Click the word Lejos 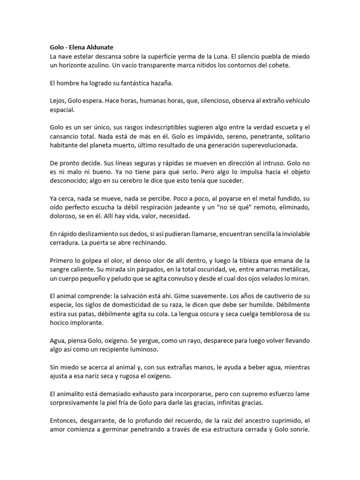pos(58,101)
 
